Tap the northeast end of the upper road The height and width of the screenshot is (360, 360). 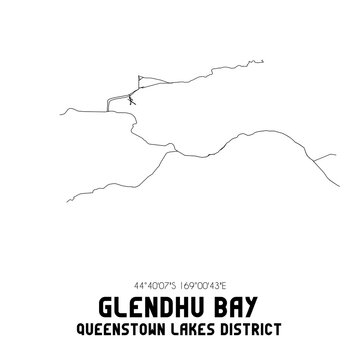pyautogui.click(x=150, y=79)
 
